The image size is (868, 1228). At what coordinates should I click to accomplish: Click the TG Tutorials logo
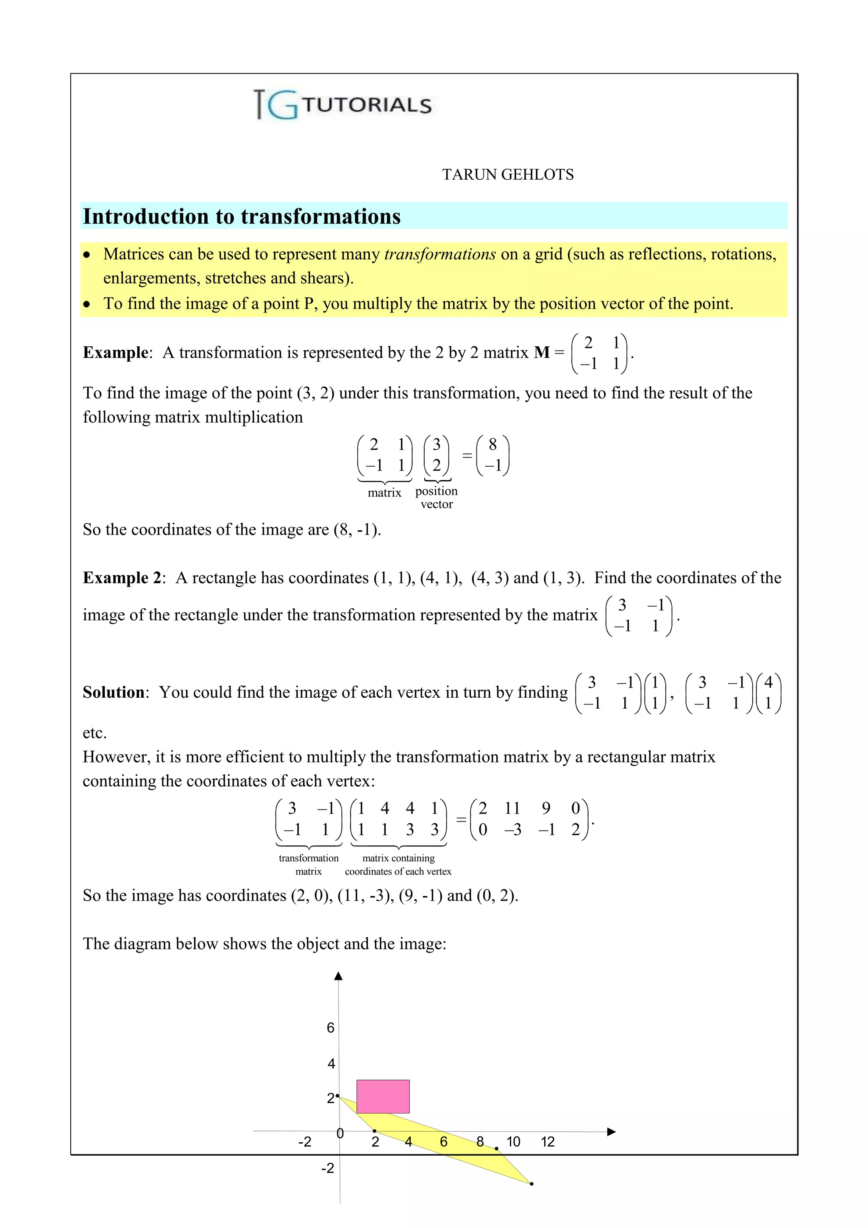tap(342, 105)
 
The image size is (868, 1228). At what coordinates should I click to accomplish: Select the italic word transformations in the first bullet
tap(440, 254)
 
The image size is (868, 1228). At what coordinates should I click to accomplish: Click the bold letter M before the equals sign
tap(541, 352)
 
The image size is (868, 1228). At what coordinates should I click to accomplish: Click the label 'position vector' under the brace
tap(437, 497)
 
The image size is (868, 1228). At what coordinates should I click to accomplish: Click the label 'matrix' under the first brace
tap(384, 493)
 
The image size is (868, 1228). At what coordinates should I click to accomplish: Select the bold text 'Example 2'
tap(122, 578)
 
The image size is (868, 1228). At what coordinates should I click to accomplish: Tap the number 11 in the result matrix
tap(512, 808)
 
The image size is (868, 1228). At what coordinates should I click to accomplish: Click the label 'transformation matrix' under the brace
tap(309, 865)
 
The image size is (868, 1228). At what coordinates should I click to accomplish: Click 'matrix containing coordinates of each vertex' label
tap(398, 865)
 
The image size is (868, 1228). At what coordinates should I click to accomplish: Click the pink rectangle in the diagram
tap(383, 1097)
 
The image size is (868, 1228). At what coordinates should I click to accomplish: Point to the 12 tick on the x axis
tap(547, 1142)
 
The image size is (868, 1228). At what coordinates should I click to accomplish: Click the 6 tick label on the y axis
tap(331, 1028)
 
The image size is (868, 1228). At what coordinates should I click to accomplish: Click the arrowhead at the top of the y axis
tap(338, 977)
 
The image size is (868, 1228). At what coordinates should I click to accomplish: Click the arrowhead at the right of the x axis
tap(612, 1131)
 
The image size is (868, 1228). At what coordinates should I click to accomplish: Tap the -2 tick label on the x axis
tap(304, 1142)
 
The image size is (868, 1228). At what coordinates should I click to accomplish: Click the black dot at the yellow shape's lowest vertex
tap(531, 1184)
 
